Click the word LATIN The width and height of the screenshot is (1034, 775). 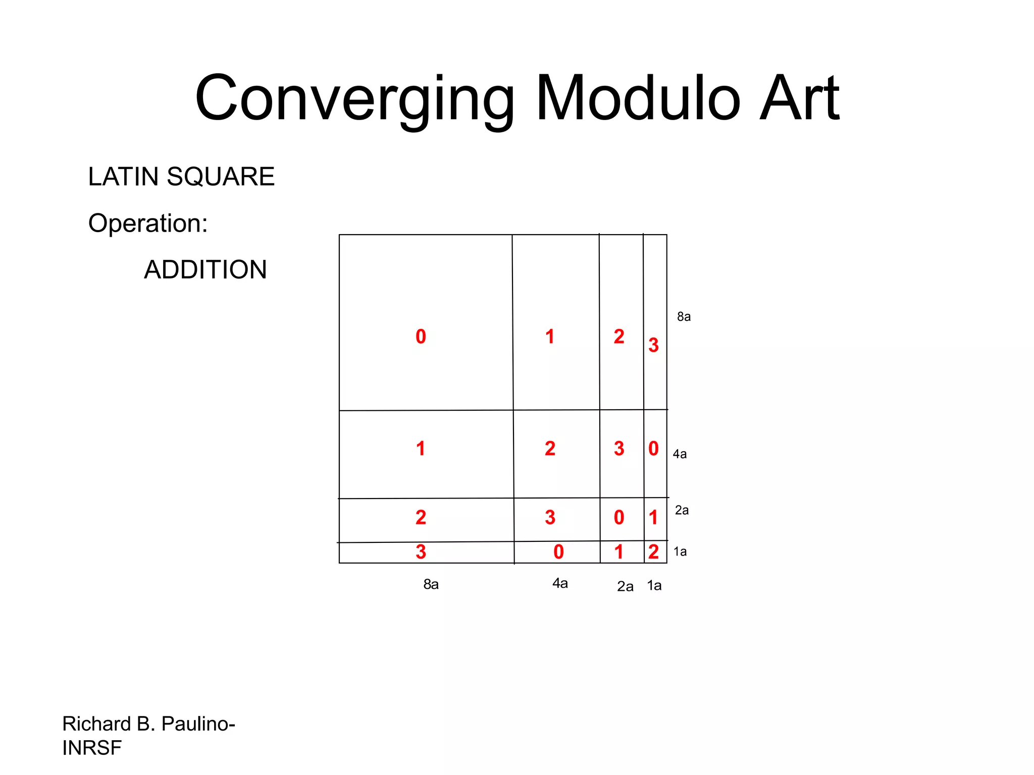(123, 177)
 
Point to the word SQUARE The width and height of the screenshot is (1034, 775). (221, 177)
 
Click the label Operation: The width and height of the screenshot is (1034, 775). (148, 223)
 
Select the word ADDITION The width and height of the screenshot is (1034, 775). (205, 269)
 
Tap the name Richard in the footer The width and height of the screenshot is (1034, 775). (96, 724)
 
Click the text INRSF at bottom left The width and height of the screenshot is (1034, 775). (92, 748)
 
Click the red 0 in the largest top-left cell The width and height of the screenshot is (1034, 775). (421, 337)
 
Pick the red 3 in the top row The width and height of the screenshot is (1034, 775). (653, 345)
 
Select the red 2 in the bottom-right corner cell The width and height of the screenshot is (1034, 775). (653, 552)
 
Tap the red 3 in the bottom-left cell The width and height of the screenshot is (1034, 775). (421, 552)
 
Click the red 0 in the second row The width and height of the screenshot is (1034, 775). (653, 449)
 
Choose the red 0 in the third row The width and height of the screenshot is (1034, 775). (619, 517)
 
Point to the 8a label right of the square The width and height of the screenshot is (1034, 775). (684, 317)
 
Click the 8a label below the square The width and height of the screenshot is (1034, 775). (431, 584)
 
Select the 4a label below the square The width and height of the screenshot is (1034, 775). (560, 583)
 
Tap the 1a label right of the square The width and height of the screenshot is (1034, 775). (680, 551)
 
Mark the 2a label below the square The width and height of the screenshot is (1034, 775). (625, 586)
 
